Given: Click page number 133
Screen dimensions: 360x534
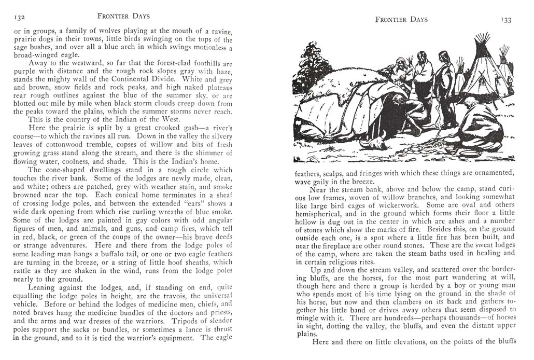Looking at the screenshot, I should click(x=506, y=20).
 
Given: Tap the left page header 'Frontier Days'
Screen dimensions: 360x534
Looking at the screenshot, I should click(x=123, y=16).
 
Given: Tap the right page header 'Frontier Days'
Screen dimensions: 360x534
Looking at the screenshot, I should click(x=402, y=20).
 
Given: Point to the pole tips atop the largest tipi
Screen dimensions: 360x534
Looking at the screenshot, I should click(x=482, y=39).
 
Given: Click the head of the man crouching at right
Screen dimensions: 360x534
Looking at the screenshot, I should click(x=470, y=102).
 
